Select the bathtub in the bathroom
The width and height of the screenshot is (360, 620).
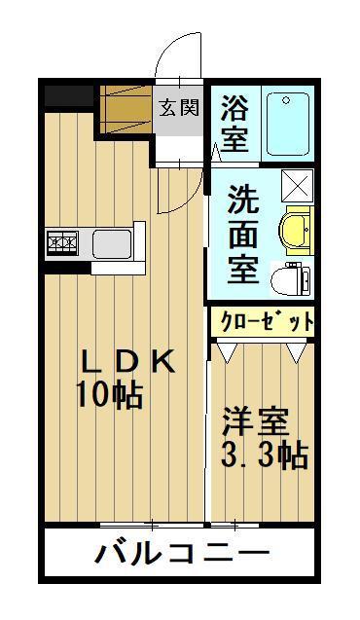288,123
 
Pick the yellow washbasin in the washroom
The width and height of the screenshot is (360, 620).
293,231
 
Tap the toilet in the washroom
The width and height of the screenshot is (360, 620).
290,277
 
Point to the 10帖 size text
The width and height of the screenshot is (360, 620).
108,395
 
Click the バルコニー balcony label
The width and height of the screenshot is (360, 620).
181,555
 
